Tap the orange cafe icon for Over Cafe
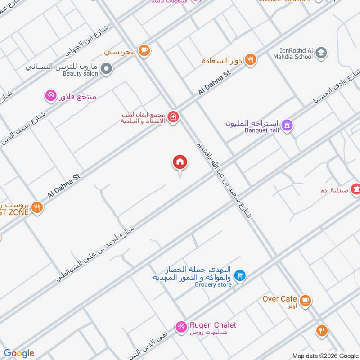[x=305, y=300]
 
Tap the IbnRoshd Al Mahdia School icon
[x=321, y=54]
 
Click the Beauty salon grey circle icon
[x=106, y=69]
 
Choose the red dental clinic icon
[x=173, y=118]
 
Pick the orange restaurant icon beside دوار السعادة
[x=251, y=60]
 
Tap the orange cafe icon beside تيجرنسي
[x=144, y=51]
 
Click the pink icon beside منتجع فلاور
[x=50, y=95]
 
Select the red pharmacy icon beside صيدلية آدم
[x=356, y=189]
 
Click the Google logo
[x=19, y=353]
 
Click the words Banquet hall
[x=262, y=130]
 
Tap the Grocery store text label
[x=213, y=284]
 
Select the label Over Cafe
[x=280, y=299]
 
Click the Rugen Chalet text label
[x=213, y=325]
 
